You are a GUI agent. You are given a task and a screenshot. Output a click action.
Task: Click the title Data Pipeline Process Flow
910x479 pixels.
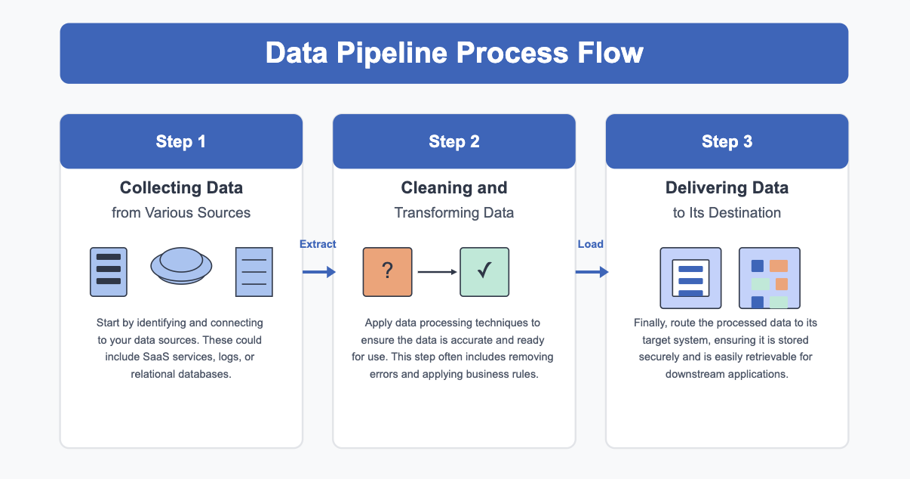pos(454,53)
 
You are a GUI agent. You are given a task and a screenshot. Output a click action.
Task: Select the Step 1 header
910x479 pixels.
pos(181,141)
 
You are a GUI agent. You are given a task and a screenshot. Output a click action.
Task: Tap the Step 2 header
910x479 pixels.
pos(454,141)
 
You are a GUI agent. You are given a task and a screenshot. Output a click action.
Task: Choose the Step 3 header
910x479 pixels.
pos(727,141)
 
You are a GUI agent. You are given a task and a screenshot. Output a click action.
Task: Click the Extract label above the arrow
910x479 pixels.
pos(318,244)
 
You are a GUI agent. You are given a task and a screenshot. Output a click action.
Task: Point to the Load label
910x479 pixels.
pos(590,244)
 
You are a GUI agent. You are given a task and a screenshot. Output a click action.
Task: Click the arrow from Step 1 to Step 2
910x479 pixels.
pos(319,272)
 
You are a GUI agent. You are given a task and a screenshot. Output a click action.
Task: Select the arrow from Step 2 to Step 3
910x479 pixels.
pos(592,272)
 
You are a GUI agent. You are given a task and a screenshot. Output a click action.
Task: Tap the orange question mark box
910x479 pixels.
pos(387,272)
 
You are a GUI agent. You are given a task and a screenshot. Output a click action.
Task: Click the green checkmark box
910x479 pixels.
pos(484,272)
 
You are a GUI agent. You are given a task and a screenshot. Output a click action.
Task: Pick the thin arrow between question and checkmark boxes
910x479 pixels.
pos(437,272)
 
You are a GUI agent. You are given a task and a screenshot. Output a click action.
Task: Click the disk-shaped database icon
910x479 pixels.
pos(181,266)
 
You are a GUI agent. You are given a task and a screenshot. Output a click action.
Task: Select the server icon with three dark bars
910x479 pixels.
pos(109,272)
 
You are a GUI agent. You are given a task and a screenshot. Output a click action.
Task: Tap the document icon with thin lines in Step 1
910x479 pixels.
pos(254,272)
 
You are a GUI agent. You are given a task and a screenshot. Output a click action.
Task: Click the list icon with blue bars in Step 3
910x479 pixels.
pos(690,278)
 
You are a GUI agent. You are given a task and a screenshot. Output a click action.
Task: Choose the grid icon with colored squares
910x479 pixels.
pos(769,278)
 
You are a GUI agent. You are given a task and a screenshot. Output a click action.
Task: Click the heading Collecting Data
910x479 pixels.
pos(181,188)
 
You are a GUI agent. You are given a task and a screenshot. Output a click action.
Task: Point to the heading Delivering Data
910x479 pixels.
pos(727,188)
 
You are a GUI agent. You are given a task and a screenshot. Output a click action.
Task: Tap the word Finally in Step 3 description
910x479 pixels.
pos(651,323)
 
